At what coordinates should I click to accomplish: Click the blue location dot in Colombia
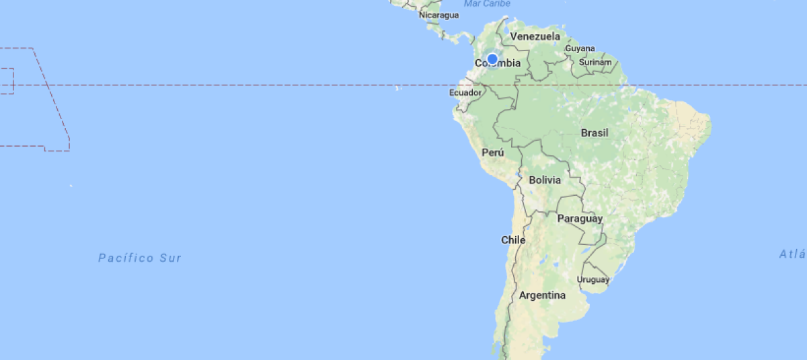492,59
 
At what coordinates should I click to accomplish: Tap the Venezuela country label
535,36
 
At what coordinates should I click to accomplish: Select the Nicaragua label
438,15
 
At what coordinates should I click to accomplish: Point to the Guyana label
580,48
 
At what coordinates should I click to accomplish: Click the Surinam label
596,63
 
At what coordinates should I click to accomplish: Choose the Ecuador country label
465,92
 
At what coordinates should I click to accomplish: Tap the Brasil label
594,133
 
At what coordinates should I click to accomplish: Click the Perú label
493,153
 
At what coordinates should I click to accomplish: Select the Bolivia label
545,180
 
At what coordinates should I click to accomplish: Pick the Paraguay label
580,219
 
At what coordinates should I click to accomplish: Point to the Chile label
513,240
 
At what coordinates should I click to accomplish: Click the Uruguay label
593,279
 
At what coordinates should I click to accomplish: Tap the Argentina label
542,295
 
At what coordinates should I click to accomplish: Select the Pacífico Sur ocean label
140,258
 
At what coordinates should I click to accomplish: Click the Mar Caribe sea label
488,3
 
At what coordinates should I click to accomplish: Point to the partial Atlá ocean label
792,254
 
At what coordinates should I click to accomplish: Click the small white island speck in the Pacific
71,185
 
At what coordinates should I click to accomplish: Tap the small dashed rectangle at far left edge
7,81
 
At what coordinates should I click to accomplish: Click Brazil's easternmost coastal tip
710,124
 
